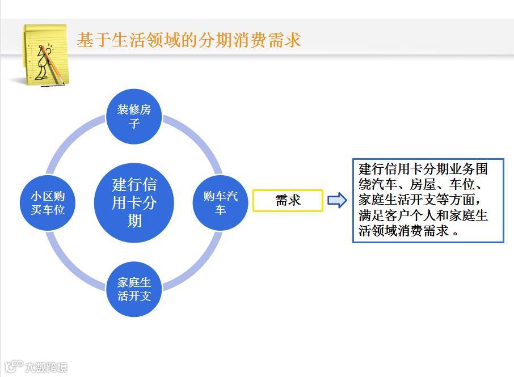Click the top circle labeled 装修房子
coord(134,116)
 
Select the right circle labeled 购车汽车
coord(221,202)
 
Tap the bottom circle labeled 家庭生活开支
coord(134,289)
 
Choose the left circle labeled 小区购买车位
coord(48,202)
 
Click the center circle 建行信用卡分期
coord(134,202)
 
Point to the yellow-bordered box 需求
coord(288,201)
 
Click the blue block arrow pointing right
coord(337,200)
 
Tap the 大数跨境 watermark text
coord(46,367)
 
